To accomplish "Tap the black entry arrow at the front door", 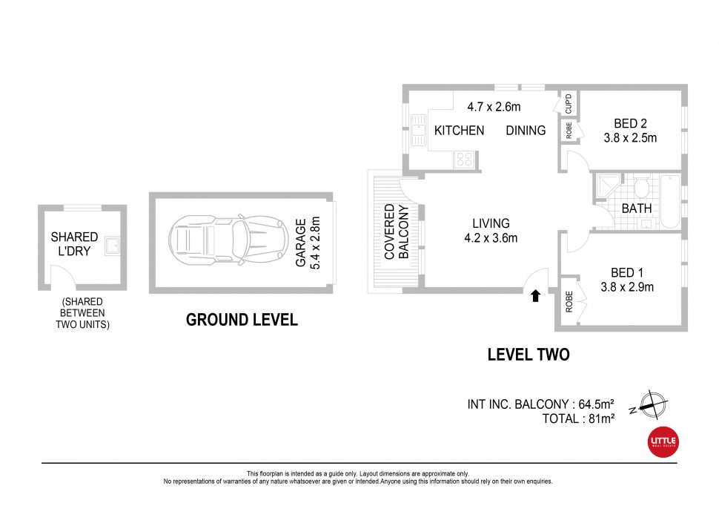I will pos(535,295).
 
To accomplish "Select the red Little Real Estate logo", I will pos(663,441).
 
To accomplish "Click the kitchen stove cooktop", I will pos(464,158).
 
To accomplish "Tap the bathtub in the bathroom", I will pos(669,200).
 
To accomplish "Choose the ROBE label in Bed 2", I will pos(569,131).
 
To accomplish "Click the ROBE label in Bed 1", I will pos(569,303).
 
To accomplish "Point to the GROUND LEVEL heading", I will pos(242,320).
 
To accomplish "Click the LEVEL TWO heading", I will pos(529,355).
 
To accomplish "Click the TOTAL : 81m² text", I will pos(578,418).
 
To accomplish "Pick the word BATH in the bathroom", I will pos(637,209).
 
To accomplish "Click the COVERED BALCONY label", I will pos(396,231).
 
